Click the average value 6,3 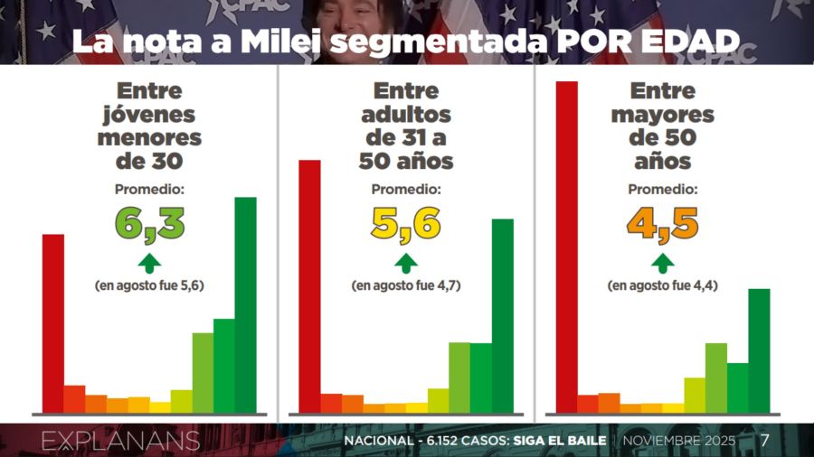click(x=149, y=224)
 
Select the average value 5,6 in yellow click(x=406, y=224)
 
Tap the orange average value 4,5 click(x=663, y=224)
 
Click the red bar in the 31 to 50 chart click(x=309, y=285)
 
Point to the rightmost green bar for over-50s click(x=759, y=350)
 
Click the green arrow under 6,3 click(x=149, y=263)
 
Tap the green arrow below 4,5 click(x=663, y=263)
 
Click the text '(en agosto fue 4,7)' click(x=406, y=285)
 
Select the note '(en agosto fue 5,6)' click(x=149, y=285)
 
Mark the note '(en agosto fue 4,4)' click(x=663, y=285)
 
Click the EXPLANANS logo click(x=120, y=441)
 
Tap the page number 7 click(x=764, y=441)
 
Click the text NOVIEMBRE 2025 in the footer click(x=679, y=442)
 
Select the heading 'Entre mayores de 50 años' click(x=663, y=126)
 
